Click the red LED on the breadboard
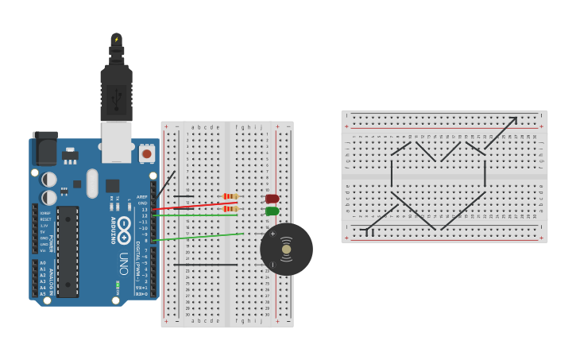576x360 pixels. [272, 199]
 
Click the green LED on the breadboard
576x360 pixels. [272, 211]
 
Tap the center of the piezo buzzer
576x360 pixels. [286, 249]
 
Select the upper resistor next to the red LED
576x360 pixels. [230, 196]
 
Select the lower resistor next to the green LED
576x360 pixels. [230, 209]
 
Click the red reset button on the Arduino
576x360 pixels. [146, 153]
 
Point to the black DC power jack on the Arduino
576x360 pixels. [44, 149]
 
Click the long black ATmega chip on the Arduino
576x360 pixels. [68, 251]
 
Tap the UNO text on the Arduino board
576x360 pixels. [124, 263]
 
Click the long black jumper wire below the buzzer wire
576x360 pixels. [206, 265]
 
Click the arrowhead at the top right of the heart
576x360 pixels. [512, 121]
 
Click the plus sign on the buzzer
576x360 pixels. [273, 234]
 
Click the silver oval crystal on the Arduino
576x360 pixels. [92, 184]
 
